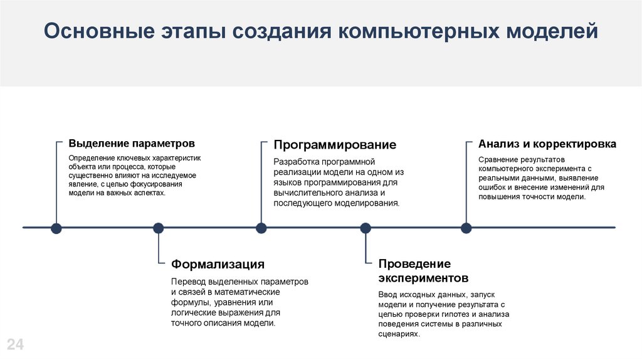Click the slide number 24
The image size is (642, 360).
click(15, 344)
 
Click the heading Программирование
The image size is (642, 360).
click(335, 145)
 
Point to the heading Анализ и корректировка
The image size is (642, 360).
click(547, 144)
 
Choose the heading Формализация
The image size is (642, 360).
click(218, 264)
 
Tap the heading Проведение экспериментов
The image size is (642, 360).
click(423, 270)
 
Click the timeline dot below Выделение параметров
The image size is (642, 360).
click(56, 228)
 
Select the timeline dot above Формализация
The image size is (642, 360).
click(158, 228)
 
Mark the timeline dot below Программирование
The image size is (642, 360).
click(261, 228)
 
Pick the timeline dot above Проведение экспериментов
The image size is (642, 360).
click(366, 228)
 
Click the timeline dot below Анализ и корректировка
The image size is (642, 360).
click(466, 228)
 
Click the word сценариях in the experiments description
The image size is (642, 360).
click(399, 334)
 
